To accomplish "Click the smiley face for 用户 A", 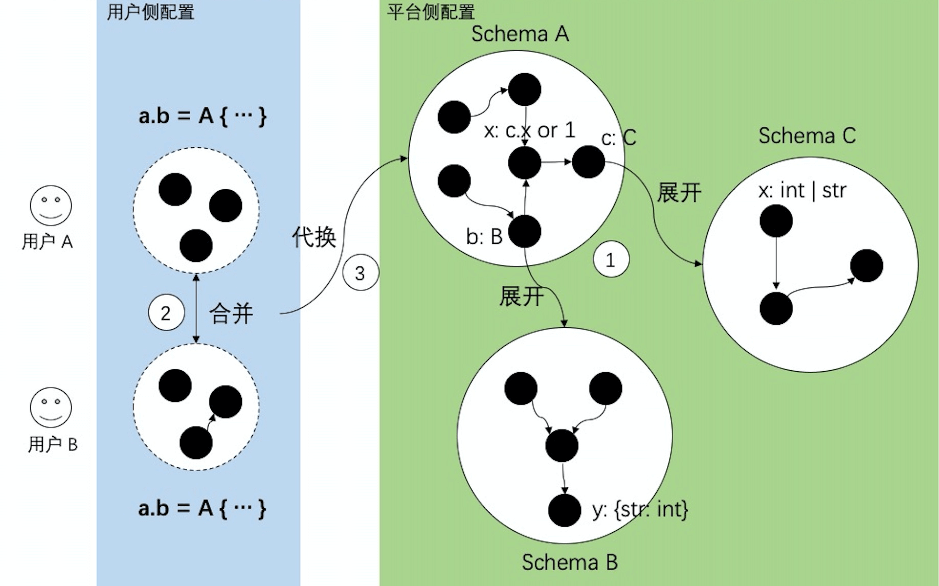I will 51,206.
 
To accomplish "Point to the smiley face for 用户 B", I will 51,407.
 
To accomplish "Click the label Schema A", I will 520,34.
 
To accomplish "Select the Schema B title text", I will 569,562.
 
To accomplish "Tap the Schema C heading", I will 807,136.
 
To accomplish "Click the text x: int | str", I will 801,190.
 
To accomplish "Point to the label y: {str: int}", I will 640,509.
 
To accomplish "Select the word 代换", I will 314,237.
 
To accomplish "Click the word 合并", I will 231,313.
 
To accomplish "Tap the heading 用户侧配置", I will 150,12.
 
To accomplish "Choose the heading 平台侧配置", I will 431,12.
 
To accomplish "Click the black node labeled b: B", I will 525,231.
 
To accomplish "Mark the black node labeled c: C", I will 588,162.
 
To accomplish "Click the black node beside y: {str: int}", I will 564,510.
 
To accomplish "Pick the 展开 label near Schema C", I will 679,193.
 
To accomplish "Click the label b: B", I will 484,236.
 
